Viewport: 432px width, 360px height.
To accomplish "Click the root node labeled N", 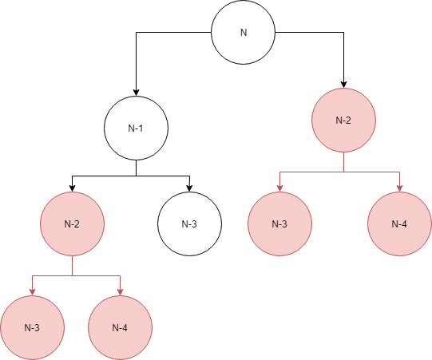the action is tap(243, 32).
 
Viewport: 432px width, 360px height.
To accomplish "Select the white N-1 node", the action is tap(136, 128).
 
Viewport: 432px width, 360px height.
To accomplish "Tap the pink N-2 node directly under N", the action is tap(343, 120).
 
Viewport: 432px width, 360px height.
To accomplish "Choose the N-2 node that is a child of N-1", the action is tap(72, 224).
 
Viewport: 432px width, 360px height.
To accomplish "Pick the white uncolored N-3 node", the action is tap(189, 224).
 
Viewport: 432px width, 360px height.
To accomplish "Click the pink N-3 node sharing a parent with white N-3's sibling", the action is tap(32, 328).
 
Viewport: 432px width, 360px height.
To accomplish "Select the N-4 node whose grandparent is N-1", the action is tap(120, 328).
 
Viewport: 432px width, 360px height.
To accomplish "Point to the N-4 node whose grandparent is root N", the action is tap(399, 224).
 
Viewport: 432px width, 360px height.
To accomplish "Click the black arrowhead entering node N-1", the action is tap(136, 93).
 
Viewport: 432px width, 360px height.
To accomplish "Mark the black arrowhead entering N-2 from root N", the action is tap(343, 85).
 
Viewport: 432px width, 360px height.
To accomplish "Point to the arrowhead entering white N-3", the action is tap(189, 188).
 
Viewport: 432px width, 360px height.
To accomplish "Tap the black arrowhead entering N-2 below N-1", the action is tap(72, 188).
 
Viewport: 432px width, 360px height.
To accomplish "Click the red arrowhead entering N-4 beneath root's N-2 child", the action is tap(399, 188).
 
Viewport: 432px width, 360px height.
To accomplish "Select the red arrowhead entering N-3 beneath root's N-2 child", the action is tap(280, 188).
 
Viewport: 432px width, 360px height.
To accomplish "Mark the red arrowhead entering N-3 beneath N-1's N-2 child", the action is tap(32, 292).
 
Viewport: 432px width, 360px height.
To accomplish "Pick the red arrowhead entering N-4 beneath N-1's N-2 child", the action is tap(120, 292).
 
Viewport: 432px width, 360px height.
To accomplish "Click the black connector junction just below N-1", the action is tap(136, 176).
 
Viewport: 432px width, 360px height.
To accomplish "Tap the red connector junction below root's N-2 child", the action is tap(343, 172).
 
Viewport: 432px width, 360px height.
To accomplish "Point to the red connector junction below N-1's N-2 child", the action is tap(72, 275).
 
